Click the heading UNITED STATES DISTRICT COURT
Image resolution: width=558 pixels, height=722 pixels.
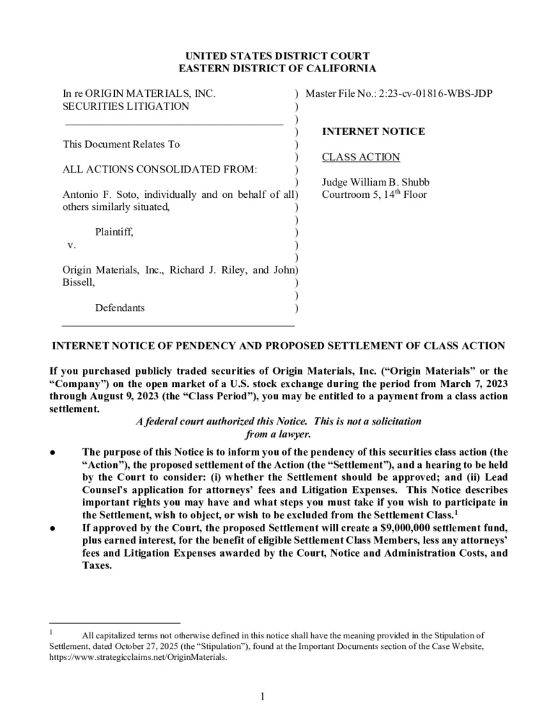[278, 56]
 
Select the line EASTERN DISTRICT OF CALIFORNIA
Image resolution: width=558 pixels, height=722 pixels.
[278, 69]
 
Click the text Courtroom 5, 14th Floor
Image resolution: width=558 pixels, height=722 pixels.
[375, 194]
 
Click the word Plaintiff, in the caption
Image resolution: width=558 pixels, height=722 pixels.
[114, 232]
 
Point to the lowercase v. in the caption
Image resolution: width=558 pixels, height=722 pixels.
[71, 245]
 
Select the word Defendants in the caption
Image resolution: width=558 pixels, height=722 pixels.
[120, 308]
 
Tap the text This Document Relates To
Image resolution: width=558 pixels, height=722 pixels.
[121, 144]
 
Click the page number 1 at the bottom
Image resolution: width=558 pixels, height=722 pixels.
[264, 696]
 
